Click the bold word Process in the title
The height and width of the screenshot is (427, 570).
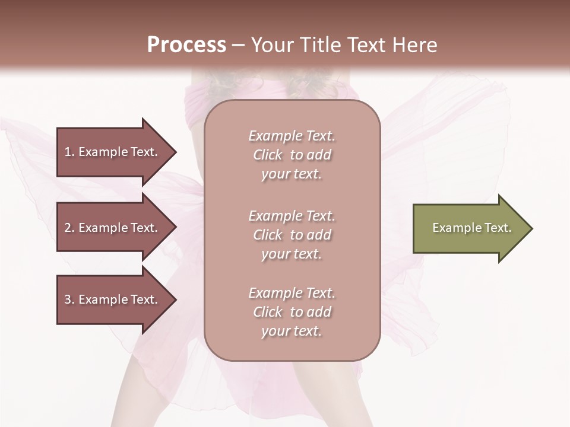pos(186,45)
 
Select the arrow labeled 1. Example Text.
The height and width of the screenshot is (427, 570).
pos(113,152)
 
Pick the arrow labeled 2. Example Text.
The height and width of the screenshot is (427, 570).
pos(113,228)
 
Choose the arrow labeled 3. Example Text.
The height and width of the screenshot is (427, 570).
pos(113,299)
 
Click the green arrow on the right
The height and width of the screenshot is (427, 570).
pos(469,228)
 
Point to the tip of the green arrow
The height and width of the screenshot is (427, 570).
pos(531,228)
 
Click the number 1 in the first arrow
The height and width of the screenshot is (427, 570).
pos(67,152)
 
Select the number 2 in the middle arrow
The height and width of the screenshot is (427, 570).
pos(68,228)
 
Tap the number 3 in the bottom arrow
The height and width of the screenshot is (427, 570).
pos(68,299)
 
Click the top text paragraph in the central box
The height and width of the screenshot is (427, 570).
pos(292,155)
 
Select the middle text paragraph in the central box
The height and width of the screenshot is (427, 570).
pos(292,235)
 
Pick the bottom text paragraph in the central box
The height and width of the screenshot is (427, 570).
pos(292,312)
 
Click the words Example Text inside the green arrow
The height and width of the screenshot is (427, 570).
pos(471,228)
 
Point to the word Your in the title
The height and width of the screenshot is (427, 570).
pos(271,45)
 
